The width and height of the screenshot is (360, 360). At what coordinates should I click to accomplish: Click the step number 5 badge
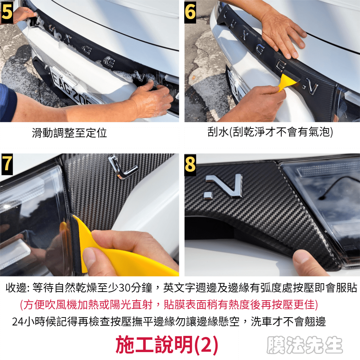coord(6,12)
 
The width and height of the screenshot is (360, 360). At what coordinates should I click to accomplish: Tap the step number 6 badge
coord(190,12)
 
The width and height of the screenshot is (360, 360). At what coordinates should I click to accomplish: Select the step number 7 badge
coord(6,164)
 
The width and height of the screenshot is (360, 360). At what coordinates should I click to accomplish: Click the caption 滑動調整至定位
coord(69,133)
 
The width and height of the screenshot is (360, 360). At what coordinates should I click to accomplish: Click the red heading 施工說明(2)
coord(167,345)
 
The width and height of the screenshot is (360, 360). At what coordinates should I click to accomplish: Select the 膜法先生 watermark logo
coord(305,345)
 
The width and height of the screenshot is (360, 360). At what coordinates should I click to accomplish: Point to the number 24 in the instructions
coord(18,322)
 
